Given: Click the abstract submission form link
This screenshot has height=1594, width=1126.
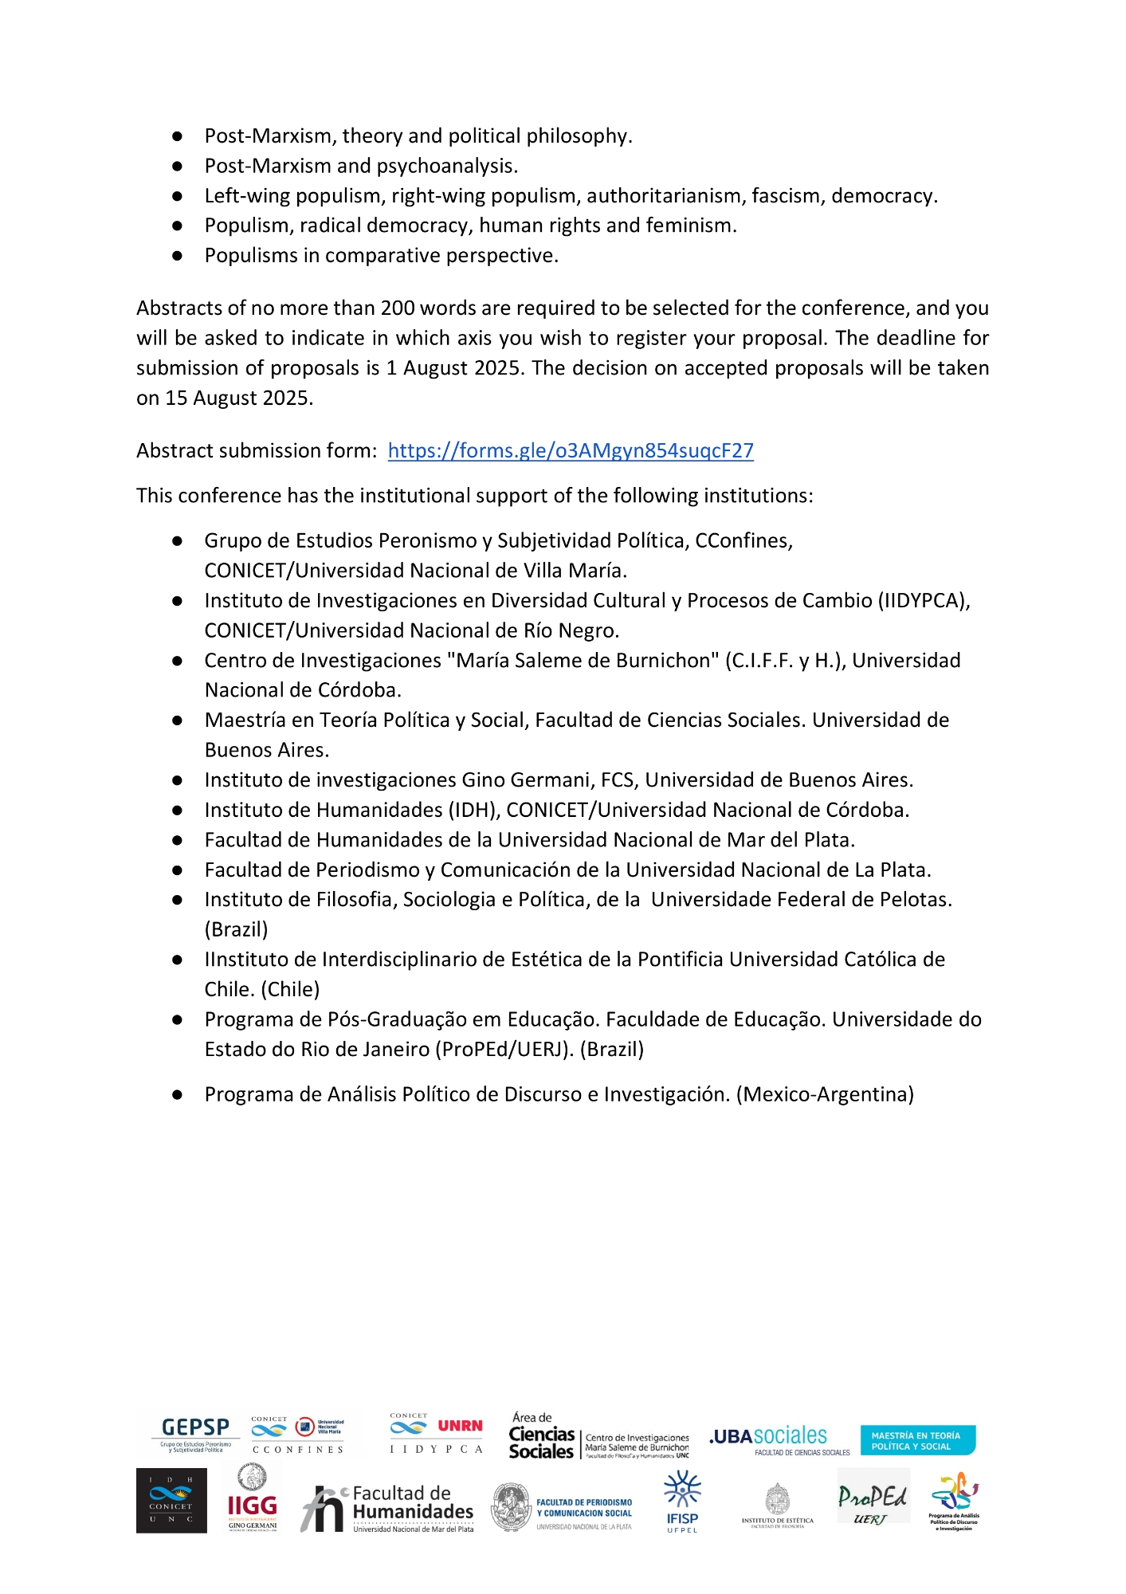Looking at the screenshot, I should pos(571,451).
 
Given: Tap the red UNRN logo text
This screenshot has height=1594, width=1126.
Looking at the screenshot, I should pos(460,1426).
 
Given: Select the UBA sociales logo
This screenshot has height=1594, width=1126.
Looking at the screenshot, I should pos(769,1437).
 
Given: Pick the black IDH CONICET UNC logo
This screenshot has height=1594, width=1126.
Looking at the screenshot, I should pos(171,1501).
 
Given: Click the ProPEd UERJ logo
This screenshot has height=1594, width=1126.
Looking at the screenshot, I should pos(873,1498).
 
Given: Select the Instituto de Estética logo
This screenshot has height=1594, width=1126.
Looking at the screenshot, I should pos(778,1505).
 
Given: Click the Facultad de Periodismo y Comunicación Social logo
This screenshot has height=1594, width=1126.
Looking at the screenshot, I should pos(563,1507).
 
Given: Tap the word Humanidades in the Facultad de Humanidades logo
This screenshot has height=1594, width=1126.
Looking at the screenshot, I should pos(413,1511).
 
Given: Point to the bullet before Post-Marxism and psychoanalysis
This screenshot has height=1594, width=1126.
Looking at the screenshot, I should pos(178,167).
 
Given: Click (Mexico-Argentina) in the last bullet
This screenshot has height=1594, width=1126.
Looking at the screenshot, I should pos(825,1094).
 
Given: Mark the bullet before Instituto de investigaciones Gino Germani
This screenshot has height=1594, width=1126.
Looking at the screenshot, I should pos(178,780).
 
